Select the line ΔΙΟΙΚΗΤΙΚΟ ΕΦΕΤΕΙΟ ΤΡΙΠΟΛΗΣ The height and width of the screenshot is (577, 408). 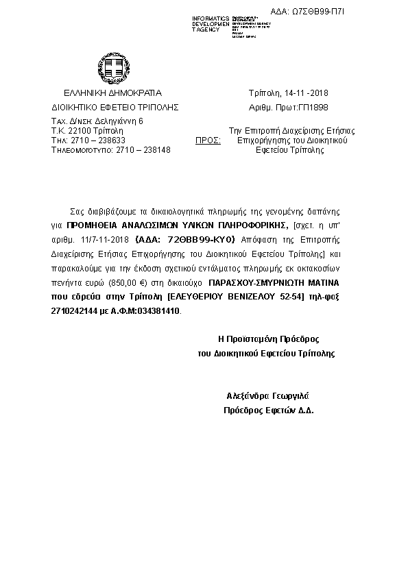(115, 108)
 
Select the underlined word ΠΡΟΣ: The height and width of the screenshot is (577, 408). (208, 139)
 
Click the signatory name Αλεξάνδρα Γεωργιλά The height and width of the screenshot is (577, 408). (269, 396)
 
